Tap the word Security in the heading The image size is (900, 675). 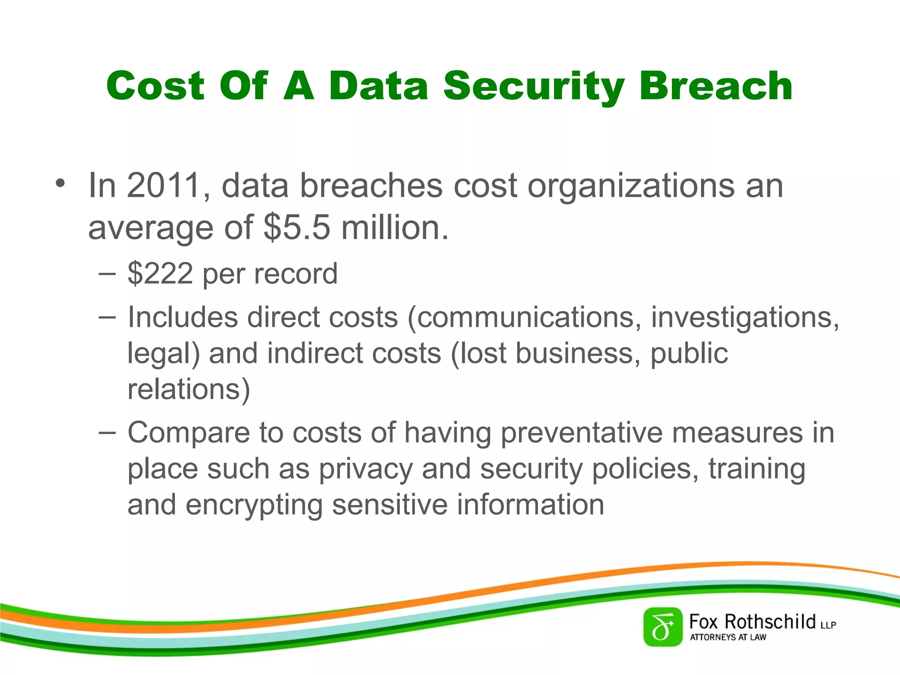point(533,87)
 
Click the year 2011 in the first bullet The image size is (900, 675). point(163,186)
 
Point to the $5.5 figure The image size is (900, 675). point(297,228)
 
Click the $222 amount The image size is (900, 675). point(160,274)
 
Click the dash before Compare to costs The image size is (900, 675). point(107,432)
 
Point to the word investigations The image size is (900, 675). point(744,317)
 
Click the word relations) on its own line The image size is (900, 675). point(189,389)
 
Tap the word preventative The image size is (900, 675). point(581,433)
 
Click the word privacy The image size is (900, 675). point(366,469)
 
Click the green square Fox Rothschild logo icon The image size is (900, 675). point(663,627)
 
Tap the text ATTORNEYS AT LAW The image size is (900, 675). point(728,637)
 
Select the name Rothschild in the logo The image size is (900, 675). point(770,621)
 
